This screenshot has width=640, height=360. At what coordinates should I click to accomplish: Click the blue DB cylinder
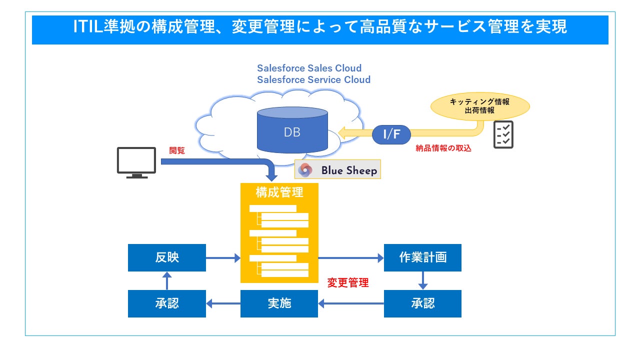point(292,132)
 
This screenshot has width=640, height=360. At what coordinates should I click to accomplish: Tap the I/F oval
point(391,134)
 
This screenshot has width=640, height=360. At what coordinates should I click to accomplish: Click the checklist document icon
point(503,134)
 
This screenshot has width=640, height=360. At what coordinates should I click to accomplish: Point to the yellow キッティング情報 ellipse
point(479,106)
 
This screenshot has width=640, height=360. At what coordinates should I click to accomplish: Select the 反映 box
point(166,257)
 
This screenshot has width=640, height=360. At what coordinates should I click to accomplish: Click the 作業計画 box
point(422,257)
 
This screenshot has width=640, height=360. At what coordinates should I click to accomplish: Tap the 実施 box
point(279,303)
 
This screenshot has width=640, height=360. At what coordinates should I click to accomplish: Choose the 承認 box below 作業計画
point(422,303)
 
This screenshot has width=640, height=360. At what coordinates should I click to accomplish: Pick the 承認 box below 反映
point(166,303)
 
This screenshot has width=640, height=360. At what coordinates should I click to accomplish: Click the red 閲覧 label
point(177,150)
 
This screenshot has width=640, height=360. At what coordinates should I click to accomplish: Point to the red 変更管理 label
point(348,283)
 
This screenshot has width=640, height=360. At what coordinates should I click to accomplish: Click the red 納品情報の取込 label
point(443,148)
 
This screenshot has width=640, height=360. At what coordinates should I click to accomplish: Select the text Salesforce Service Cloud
point(313,79)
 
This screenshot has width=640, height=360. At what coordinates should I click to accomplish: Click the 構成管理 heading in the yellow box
point(279,192)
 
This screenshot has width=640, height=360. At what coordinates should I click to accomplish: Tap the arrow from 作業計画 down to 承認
point(422,280)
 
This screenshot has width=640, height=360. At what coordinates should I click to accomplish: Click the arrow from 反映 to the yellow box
point(223,258)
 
